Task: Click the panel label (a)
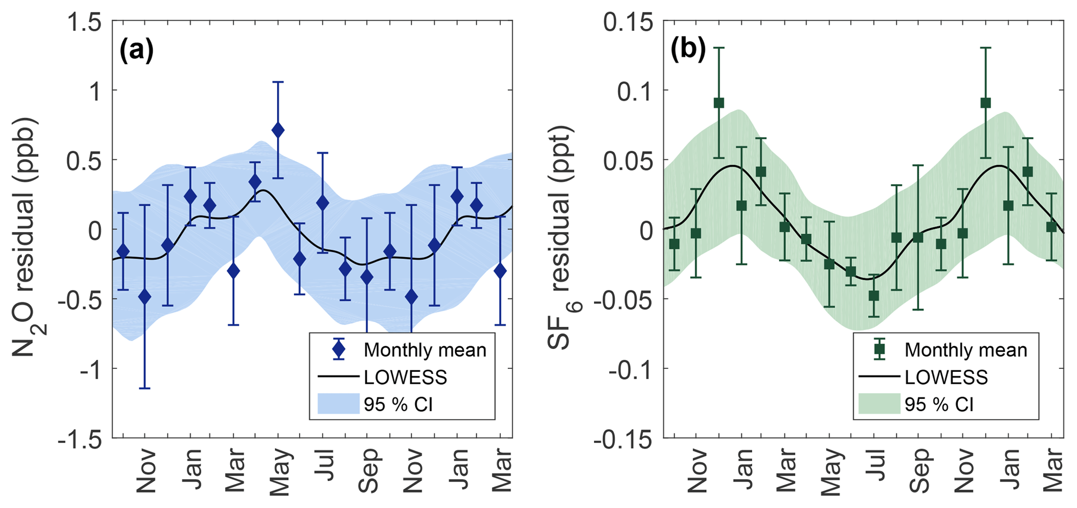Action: pyautogui.click(x=137, y=51)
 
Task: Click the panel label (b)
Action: pyautogui.click(x=688, y=51)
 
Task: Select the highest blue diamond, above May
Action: pyautogui.click(x=278, y=130)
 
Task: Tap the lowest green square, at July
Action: pyautogui.click(x=874, y=296)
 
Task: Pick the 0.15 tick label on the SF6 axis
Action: pyautogui.click(x=628, y=22)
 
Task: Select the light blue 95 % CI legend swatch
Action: pyautogui.click(x=339, y=404)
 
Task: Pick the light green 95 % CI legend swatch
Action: pyautogui.click(x=880, y=404)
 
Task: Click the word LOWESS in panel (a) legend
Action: pyautogui.click(x=405, y=377)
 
